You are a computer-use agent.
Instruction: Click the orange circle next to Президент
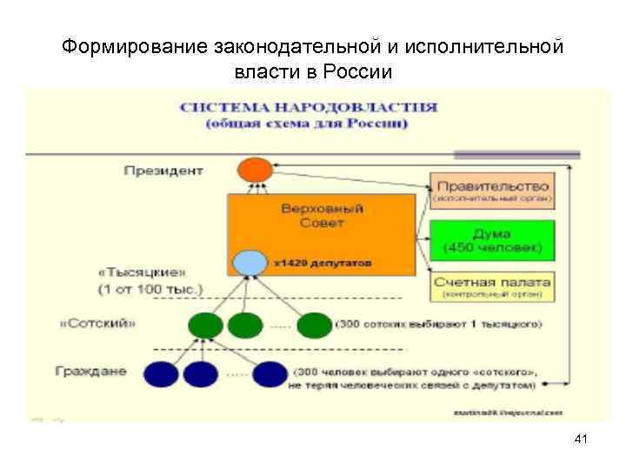click(254, 169)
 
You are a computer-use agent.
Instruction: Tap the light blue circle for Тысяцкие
click(250, 261)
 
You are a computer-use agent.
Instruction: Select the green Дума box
click(491, 240)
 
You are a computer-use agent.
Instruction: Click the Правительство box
click(492, 191)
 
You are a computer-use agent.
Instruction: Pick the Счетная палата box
click(492, 286)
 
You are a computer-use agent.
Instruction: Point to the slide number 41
click(581, 440)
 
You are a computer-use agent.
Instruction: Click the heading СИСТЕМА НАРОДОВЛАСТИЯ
click(309, 108)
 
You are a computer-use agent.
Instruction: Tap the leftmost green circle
click(205, 325)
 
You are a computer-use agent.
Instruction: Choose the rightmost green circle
click(314, 325)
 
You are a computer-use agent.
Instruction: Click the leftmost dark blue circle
click(161, 373)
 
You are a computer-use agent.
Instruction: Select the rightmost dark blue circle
click(270, 373)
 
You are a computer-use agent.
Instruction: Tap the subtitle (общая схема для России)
click(307, 124)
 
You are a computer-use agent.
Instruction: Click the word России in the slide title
click(359, 70)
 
